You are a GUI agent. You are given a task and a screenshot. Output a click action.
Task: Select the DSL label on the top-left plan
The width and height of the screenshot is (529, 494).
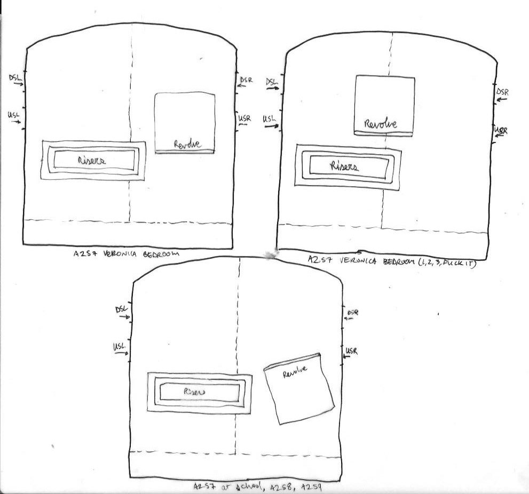click(x=15, y=78)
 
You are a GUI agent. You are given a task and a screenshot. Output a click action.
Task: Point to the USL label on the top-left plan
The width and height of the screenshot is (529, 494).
click(x=14, y=115)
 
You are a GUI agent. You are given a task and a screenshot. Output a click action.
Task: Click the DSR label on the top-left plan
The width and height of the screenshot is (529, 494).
click(x=246, y=80)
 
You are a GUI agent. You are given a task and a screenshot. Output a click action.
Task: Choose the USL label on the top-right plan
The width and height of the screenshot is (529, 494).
click(x=270, y=119)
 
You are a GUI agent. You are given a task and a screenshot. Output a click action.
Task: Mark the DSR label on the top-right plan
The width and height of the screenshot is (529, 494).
click(x=503, y=92)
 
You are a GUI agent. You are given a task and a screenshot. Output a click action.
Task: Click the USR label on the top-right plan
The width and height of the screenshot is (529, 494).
click(x=501, y=131)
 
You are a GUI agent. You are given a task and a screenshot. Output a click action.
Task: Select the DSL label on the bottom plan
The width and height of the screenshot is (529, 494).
click(x=122, y=310)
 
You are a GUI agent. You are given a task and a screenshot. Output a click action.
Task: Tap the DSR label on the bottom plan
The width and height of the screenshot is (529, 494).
click(x=353, y=312)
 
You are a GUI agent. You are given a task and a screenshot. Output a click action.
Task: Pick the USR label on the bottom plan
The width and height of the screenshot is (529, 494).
click(x=351, y=350)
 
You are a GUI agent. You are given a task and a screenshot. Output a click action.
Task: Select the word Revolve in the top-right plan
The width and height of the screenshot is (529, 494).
click(x=380, y=124)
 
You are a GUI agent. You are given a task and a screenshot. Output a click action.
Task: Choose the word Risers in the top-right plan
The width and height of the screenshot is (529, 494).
click(x=344, y=166)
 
